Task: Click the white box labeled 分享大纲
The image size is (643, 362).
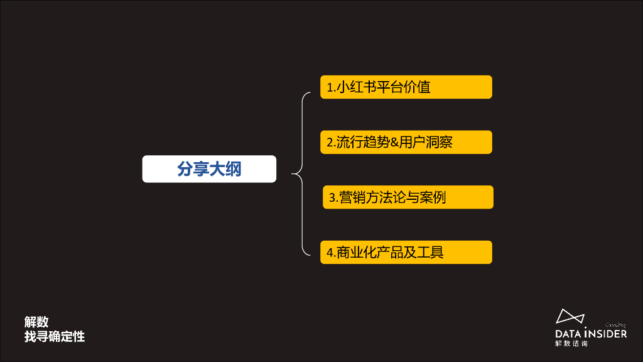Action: [209, 169]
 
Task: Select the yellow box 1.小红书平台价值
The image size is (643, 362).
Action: [406, 87]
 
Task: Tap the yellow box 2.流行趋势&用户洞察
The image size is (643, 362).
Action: [406, 142]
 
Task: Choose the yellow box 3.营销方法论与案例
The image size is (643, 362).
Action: [408, 197]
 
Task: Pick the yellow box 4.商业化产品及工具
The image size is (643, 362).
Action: [406, 252]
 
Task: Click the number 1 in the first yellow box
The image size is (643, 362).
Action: [329, 87]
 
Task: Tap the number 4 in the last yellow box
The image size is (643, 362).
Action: [330, 253]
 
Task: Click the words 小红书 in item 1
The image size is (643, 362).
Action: [359, 87]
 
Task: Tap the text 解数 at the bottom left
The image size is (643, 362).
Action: [36, 322]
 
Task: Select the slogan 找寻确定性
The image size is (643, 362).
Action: [55, 337]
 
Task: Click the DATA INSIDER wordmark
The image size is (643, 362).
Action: [591, 333]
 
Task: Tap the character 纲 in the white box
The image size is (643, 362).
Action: [233, 169]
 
